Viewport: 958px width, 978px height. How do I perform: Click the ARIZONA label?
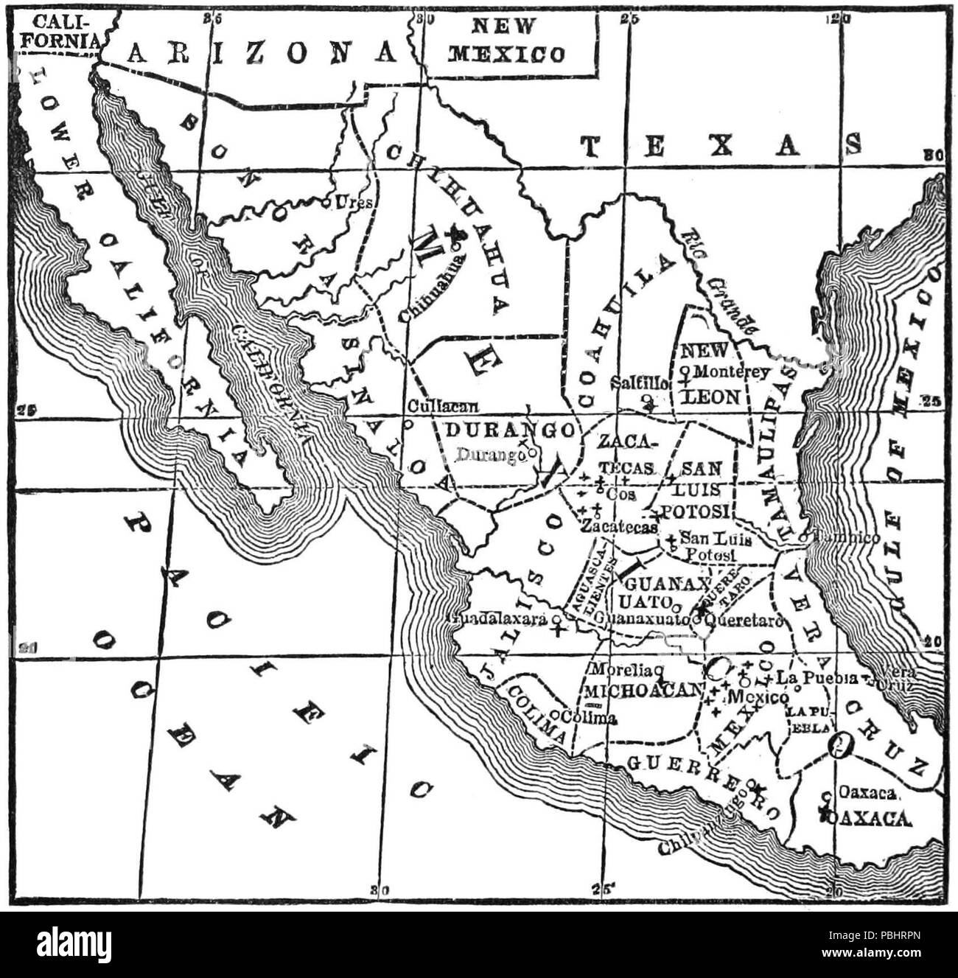(x=261, y=52)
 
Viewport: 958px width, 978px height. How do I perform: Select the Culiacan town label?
(x=443, y=406)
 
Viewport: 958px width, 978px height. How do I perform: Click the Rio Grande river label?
(x=718, y=284)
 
